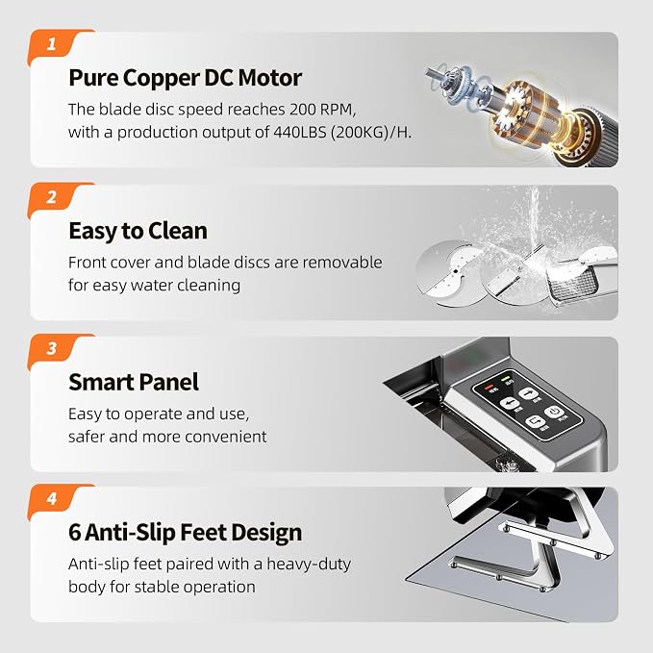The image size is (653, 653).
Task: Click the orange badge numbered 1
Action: point(54,44)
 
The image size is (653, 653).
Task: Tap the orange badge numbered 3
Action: point(54,348)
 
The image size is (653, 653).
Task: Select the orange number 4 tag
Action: point(54,499)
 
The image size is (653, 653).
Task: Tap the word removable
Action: point(342,263)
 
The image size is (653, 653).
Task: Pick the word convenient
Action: point(225,437)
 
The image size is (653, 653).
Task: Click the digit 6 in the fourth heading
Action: point(75,532)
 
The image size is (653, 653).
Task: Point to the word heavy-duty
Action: point(309,565)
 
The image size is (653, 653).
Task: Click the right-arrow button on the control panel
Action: point(528,393)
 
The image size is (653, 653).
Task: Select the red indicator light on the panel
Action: point(489,387)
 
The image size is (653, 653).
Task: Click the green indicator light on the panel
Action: point(507,379)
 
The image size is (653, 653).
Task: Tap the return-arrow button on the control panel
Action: point(535,421)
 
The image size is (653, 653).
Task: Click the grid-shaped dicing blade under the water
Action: point(572,283)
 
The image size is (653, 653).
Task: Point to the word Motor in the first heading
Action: point(270,78)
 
